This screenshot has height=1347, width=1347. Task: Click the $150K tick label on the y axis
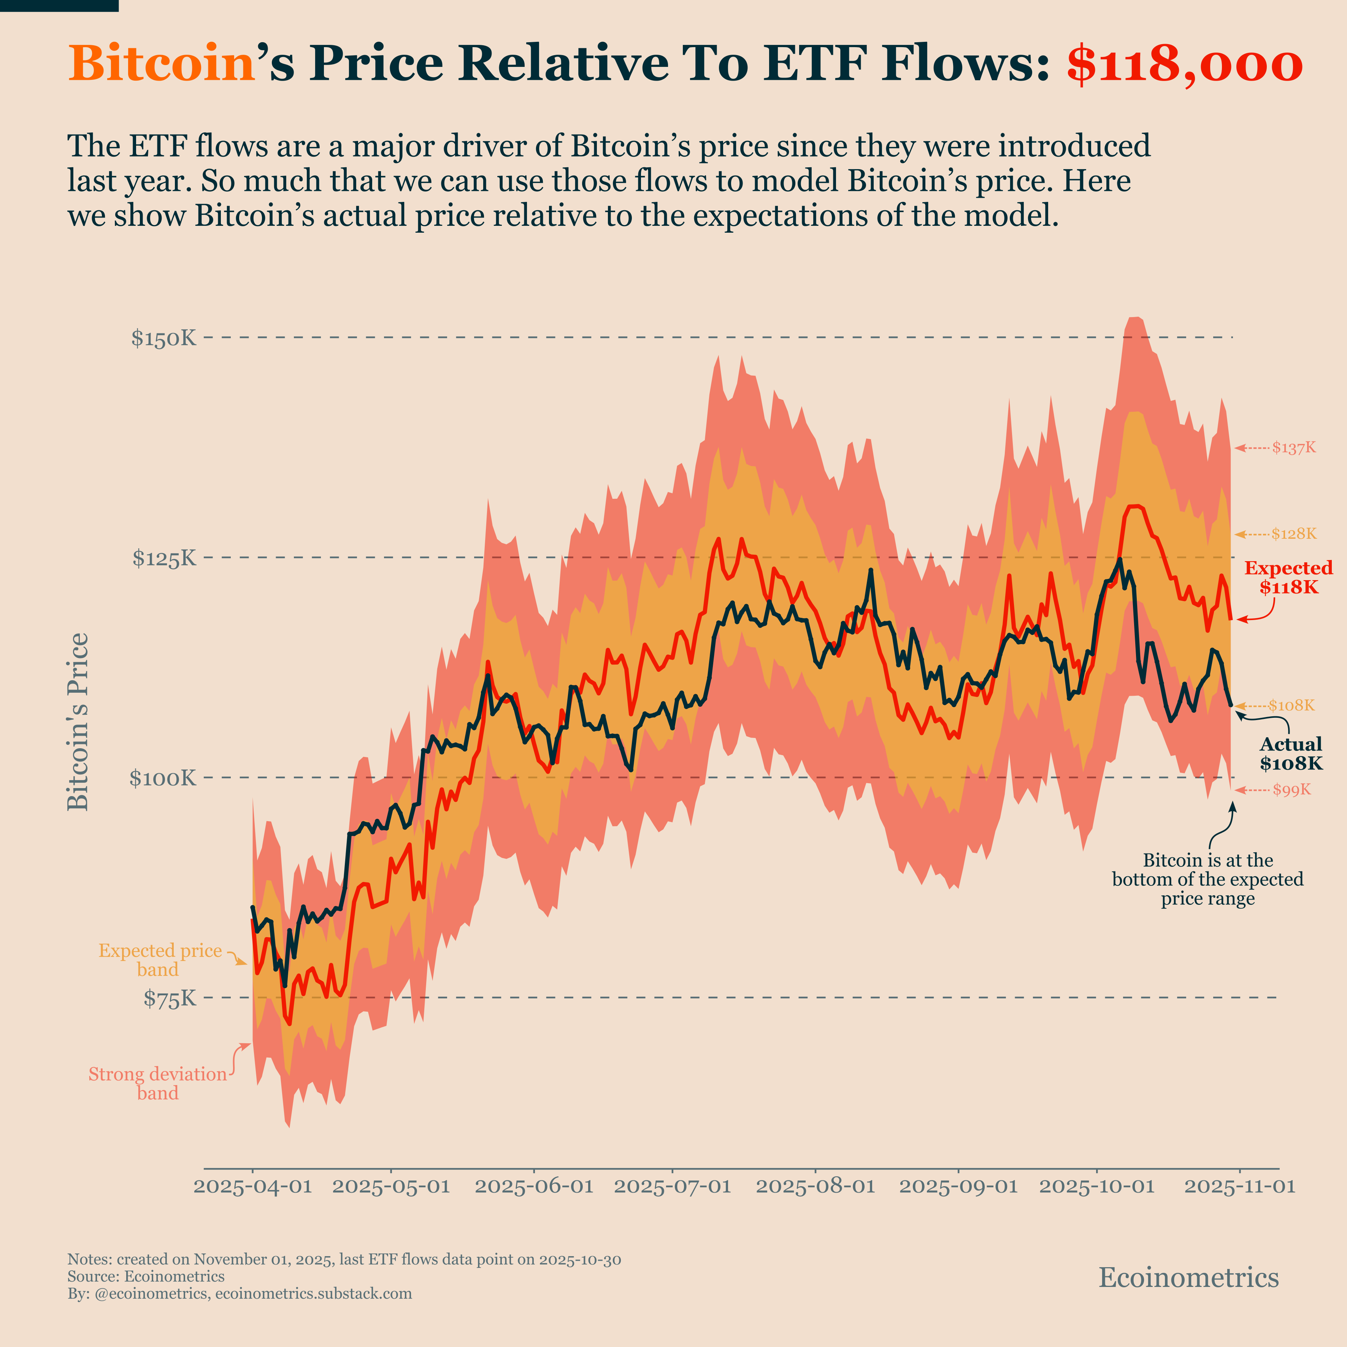[x=164, y=339]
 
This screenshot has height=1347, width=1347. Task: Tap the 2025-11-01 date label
[x=1240, y=1187]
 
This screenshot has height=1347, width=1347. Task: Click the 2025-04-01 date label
[x=252, y=1187]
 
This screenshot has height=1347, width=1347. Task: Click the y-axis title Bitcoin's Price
[x=78, y=722]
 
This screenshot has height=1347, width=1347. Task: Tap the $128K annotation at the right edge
[x=1293, y=534]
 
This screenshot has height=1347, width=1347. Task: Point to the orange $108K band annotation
[x=1291, y=706]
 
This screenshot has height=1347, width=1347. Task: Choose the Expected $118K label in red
[x=1288, y=577]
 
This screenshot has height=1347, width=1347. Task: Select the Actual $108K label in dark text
[x=1290, y=754]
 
